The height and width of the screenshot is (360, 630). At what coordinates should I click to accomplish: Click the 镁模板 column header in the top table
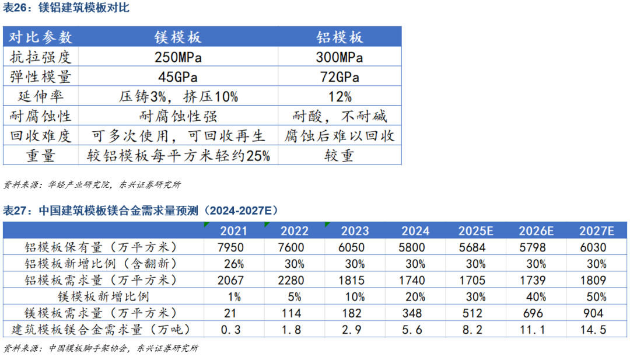pos(178,37)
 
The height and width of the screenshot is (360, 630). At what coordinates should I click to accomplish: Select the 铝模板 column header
pos(339,37)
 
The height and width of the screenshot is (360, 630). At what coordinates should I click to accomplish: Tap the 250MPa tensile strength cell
pos(178,57)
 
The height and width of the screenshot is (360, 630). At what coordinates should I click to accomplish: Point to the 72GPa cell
pos(339,77)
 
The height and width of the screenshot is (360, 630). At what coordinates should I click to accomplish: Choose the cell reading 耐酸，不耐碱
pos(339,116)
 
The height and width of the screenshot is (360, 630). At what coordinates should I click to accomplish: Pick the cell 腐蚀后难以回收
pos(339,136)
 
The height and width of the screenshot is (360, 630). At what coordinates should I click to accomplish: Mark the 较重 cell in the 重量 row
pos(339,156)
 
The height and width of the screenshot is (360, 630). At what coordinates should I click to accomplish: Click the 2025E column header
pos(475,231)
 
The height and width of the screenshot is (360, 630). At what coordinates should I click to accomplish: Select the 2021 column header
pos(233,231)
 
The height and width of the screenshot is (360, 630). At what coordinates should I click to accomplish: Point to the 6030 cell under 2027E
pos(593,247)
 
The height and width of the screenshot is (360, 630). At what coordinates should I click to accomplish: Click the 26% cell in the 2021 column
pos(233,264)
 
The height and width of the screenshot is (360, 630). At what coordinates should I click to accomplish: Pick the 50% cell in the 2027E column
pos(593,296)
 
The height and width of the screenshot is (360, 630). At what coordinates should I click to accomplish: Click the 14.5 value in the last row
pos(593,330)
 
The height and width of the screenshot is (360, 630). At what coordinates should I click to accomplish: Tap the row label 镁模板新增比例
pos(103,296)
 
